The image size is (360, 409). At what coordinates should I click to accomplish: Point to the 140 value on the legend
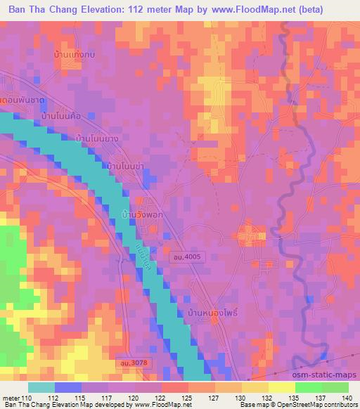(x=347, y=397)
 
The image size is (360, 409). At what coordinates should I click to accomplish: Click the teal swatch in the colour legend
(x=41, y=387)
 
